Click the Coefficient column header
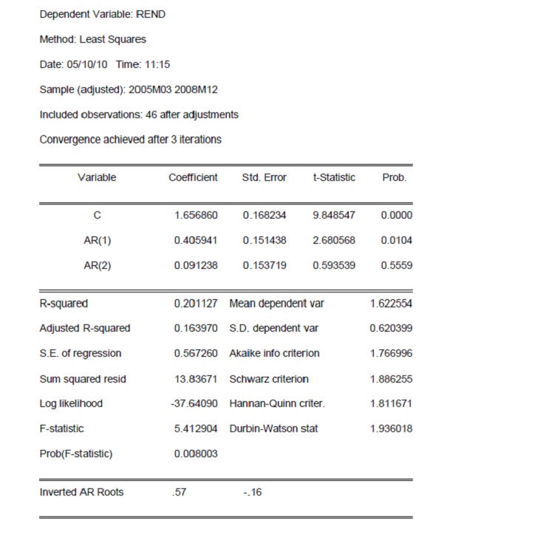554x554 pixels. click(x=193, y=177)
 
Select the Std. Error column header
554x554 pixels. click(x=264, y=177)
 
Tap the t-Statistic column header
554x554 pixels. click(x=334, y=177)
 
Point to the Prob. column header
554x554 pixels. click(x=394, y=177)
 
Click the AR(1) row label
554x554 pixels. click(x=98, y=240)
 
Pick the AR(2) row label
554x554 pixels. click(x=98, y=265)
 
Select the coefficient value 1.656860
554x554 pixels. click(x=196, y=215)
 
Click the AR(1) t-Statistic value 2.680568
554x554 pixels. click(x=334, y=240)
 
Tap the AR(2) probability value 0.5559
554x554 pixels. click(x=397, y=265)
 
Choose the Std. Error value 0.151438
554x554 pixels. click(x=264, y=240)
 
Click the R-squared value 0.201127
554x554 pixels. click(x=196, y=303)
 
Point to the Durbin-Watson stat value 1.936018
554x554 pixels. click(x=391, y=428)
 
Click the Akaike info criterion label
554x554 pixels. click(x=274, y=353)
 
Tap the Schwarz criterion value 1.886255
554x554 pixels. click(x=391, y=378)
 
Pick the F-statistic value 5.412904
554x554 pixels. click(x=196, y=428)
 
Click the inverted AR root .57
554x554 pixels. click(x=179, y=492)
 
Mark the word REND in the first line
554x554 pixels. click(x=151, y=14)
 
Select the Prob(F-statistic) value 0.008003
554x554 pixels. click(x=196, y=454)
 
